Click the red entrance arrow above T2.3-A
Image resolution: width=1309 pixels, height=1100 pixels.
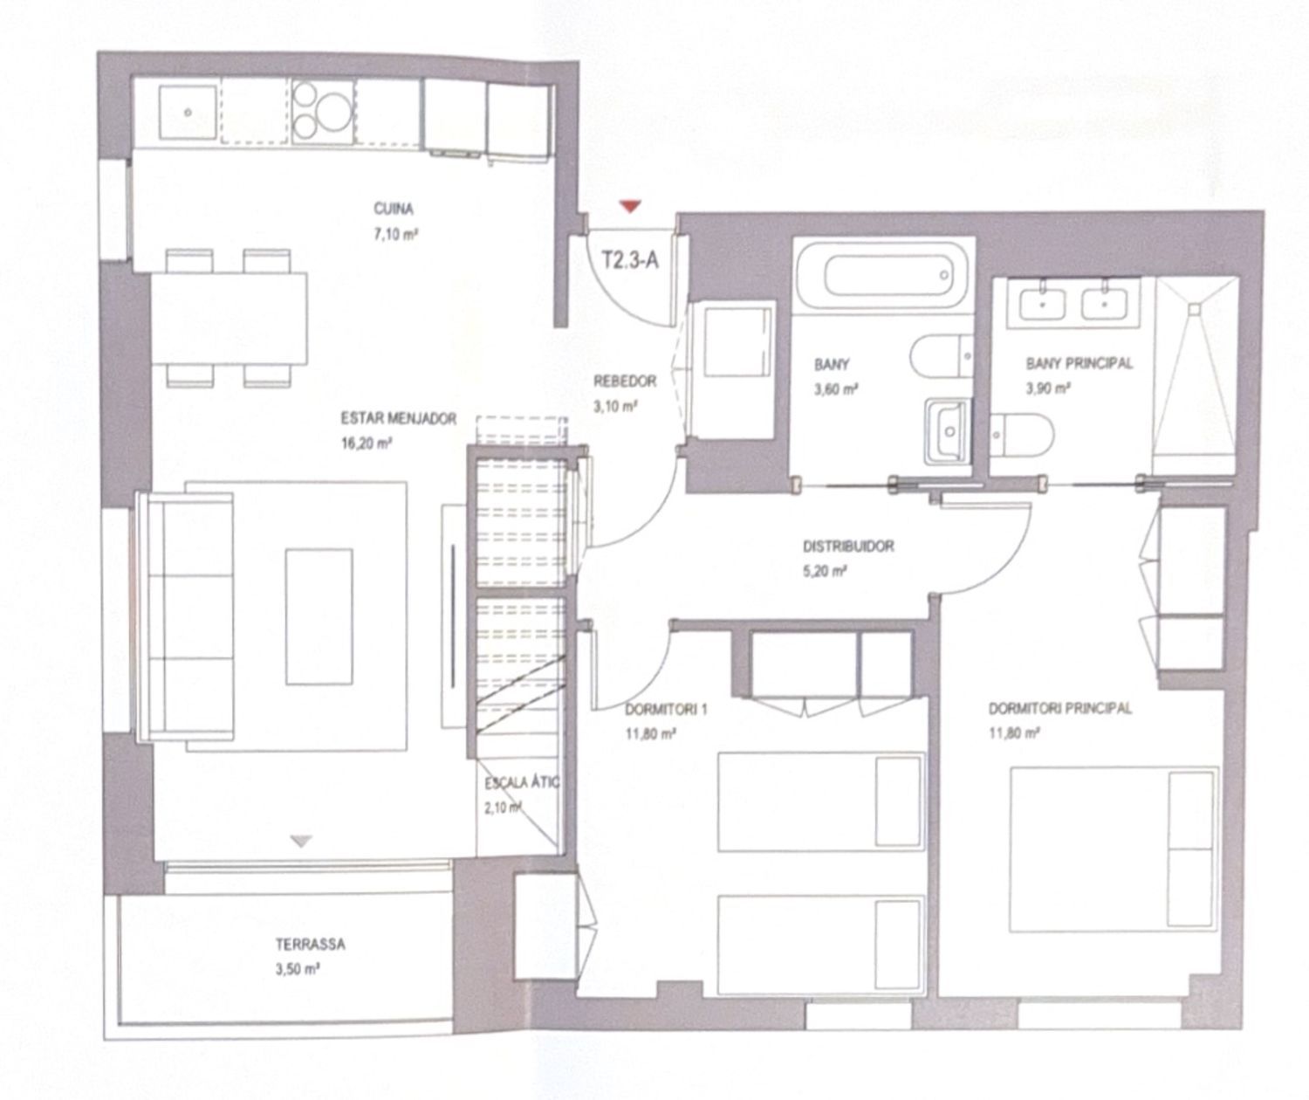[x=630, y=206]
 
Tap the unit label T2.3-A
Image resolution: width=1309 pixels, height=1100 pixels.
[x=630, y=259]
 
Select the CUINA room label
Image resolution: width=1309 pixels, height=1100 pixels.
[x=393, y=209]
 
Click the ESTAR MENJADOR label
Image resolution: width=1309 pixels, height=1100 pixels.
[x=399, y=418]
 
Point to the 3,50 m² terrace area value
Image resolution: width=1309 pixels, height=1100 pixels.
[x=298, y=970]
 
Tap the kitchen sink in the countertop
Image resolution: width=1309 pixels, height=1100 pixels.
[x=188, y=113]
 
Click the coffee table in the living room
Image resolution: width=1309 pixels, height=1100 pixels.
[x=319, y=616]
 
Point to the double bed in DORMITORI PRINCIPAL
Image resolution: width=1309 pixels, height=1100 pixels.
[x=1114, y=849]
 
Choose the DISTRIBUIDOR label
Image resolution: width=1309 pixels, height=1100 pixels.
[x=848, y=547]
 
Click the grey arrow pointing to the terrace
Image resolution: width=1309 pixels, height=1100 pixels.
[x=302, y=842]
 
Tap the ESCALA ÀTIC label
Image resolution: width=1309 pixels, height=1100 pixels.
[x=522, y=783]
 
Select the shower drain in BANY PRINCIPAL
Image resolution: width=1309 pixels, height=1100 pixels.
[x=1195, y=308]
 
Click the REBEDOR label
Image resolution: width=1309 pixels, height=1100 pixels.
[x=625, y=381]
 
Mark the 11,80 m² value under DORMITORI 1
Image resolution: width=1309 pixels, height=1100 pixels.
[x=651, y=733]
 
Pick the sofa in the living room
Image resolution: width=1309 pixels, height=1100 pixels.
[x=186, y=616]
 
